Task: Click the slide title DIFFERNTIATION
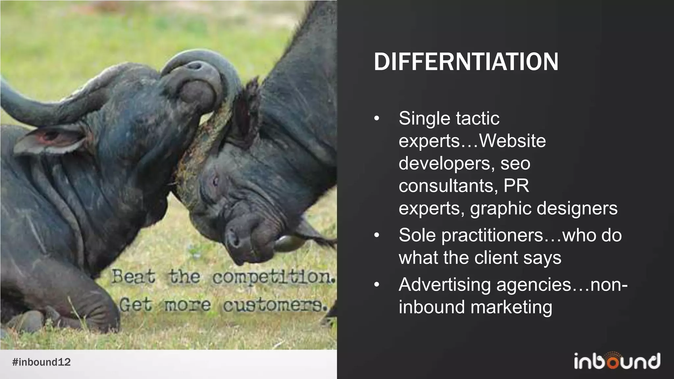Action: tap(466, 62)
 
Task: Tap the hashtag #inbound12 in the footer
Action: tap(41, 362)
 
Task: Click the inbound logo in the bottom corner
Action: tap(617, 361)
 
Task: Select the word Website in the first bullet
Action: tap(512, 141)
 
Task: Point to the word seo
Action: tap(515, 164)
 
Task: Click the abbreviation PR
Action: tap(516, 186)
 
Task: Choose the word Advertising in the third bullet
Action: tap(445, 285)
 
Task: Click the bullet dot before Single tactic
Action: tap(377, 118)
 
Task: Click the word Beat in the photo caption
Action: tap(133, 276)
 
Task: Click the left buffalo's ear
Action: tap(49, 140)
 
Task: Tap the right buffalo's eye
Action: tap(216, 180)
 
